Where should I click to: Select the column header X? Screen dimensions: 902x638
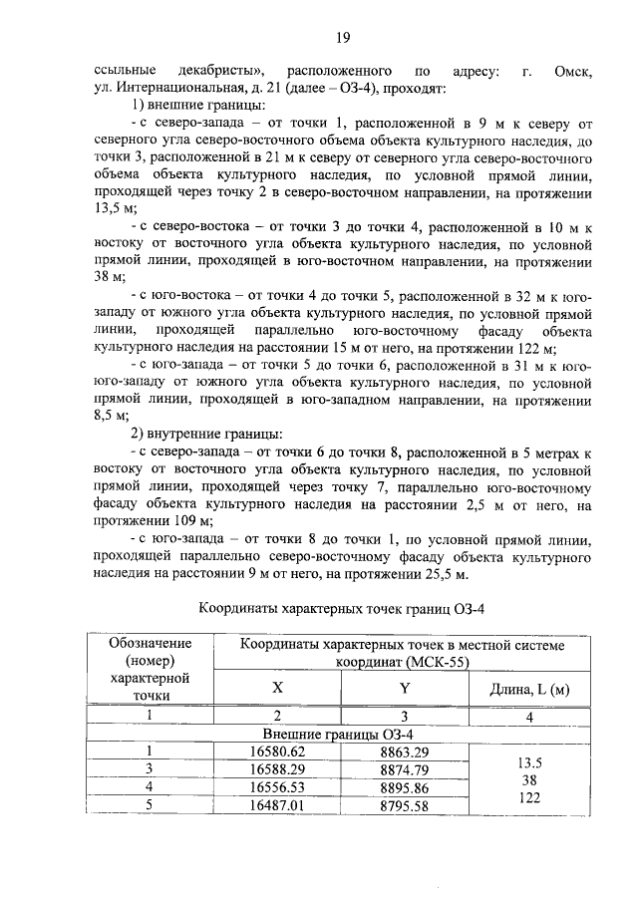[277, 689]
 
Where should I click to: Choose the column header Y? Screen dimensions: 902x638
[405, 689]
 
